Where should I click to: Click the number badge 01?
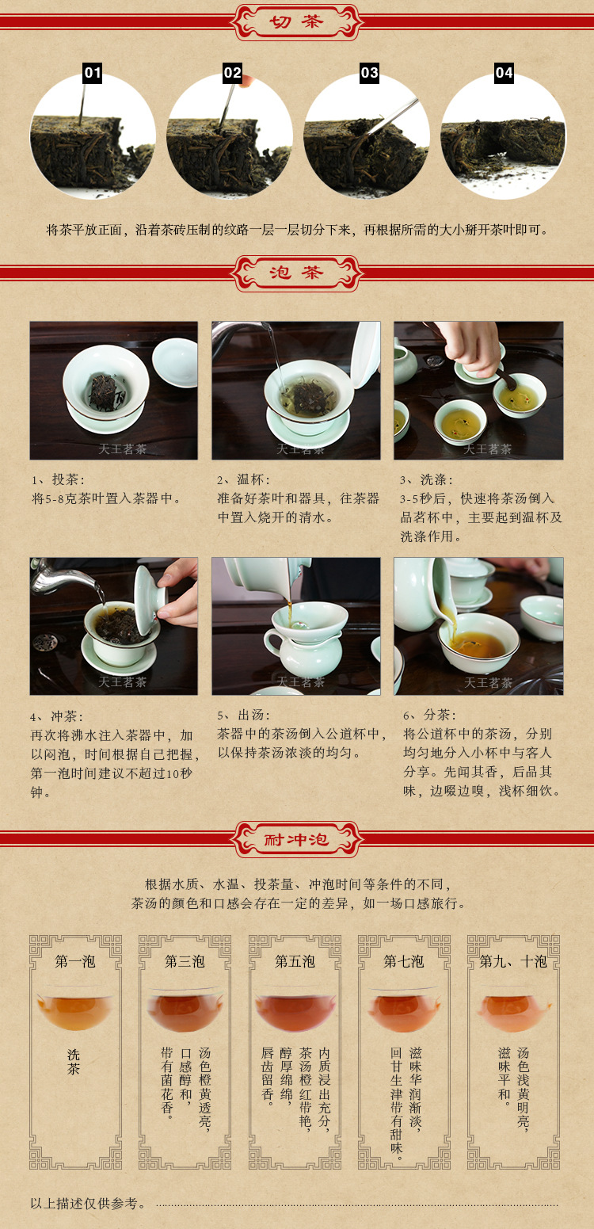(93, 72)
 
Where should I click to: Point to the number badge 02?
(233, 72)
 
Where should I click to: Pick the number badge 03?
(370, 72)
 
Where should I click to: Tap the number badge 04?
(504, 72)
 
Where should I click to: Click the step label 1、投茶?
(58, 479)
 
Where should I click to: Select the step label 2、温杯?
(243, 479)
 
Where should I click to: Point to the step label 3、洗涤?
(426, 479)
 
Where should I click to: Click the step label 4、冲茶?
(57, 716)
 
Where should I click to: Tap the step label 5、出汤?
(243, 715)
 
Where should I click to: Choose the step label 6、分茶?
(429, 715)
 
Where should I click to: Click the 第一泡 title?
(75, 961)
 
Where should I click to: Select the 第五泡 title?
(295, 961)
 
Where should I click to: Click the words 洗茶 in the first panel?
(74, 1062)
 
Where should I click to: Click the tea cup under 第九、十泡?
(514, 1010)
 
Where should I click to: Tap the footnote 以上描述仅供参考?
(88, 1204)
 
